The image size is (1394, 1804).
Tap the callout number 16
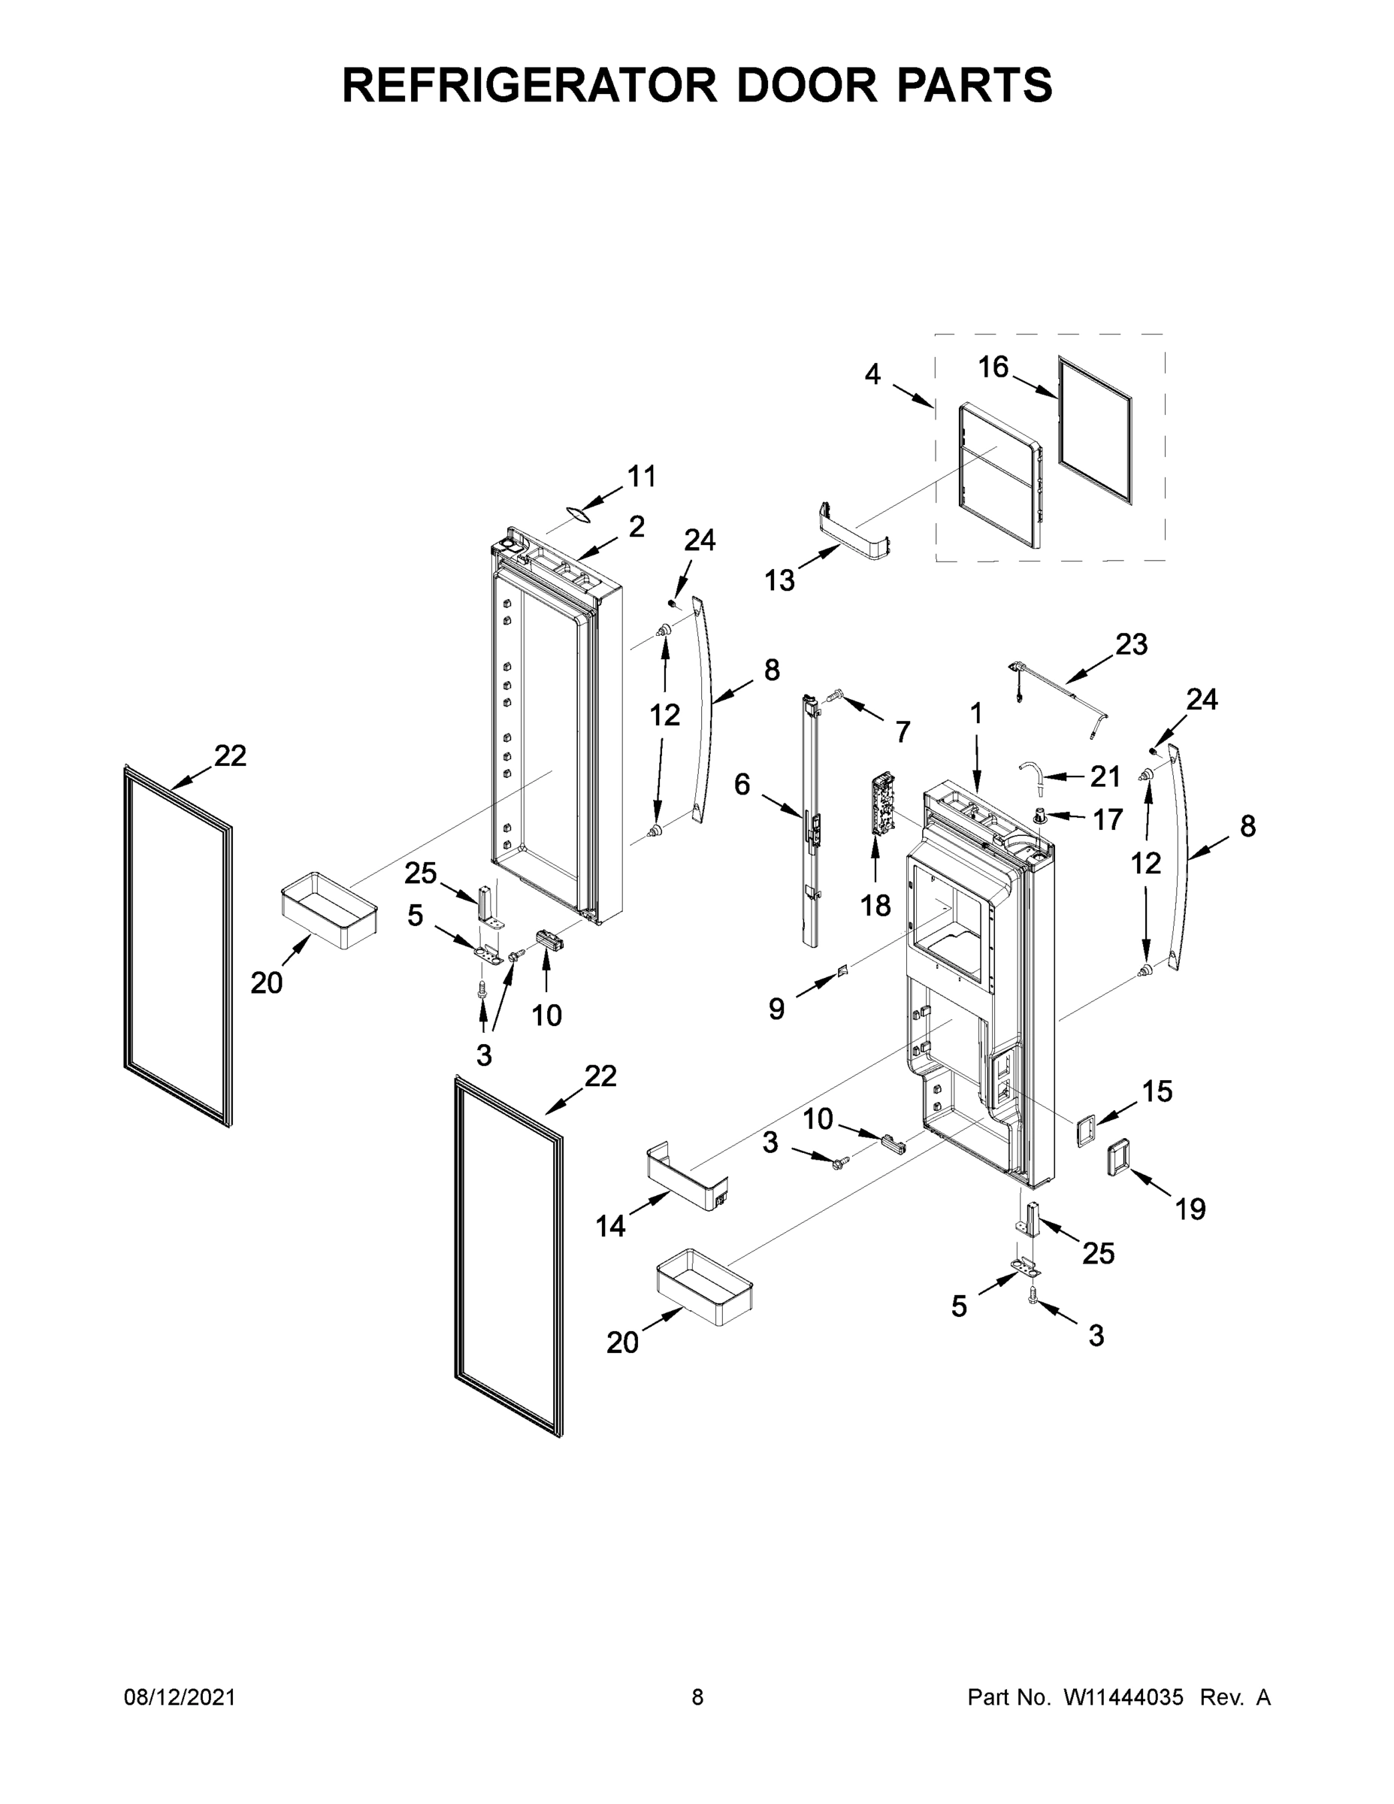(x=993, y=367)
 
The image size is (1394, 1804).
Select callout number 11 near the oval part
(x=642, y=477)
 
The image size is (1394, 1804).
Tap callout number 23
(x=1132, y=644)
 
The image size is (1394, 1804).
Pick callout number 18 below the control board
(x=875, y=906)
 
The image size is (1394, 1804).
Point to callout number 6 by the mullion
(x=742, y=784)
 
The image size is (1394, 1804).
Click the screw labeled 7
(x=833, y=698)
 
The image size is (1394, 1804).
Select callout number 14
(x=610, y=1227)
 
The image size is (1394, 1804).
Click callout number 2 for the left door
(x=636, y=526)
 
